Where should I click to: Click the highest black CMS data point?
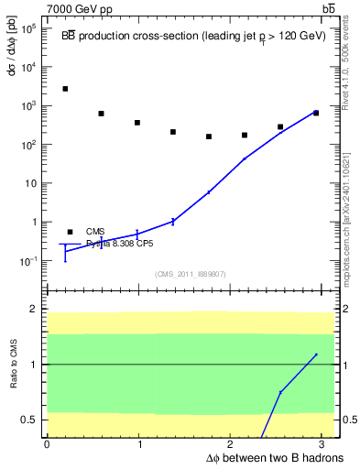click(x=65, y=89)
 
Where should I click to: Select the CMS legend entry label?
click(x=95, y=232)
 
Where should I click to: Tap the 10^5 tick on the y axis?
click(x=29, y=28)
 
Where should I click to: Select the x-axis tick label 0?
click(x=47, y=444)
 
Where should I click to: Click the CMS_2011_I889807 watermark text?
click(x=190, y=274)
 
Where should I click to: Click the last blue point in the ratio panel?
click(x=316, y=354)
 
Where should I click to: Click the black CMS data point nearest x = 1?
click(x=136, y=123)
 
